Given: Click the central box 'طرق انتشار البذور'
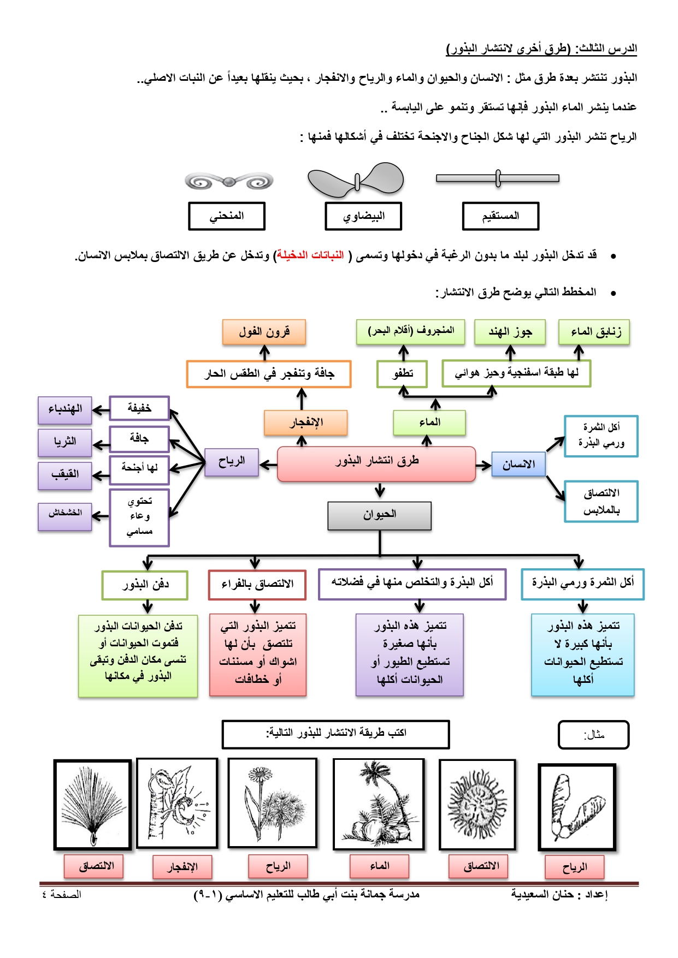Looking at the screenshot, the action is click(376, 464).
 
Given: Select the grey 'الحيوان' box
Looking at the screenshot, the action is click(380, 516).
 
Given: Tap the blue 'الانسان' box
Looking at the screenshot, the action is click(518, 465).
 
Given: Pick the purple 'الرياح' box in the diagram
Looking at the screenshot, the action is click(232, 462).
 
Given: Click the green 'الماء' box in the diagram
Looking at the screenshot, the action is click(429, 423).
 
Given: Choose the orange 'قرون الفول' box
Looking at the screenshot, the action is click(264, 332).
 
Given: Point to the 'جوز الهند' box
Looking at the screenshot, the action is click(510, 332).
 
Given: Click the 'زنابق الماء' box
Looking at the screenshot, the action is click(594, 332).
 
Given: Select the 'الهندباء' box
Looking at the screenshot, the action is click(65, 410).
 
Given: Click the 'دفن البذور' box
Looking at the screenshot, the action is click(145, 585).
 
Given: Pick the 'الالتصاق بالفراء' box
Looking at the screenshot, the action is click(257, 585).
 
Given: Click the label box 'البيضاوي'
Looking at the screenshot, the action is click(363, 216).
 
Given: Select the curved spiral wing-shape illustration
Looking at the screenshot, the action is click(229, 181).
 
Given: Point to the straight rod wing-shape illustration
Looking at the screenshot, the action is click(498, 178).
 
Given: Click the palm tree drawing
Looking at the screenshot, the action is click(378, 804).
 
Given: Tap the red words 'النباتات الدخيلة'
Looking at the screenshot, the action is click(310, 255).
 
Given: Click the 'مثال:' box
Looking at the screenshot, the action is click(594, 735).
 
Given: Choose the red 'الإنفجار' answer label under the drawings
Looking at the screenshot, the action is click(182, 867).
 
